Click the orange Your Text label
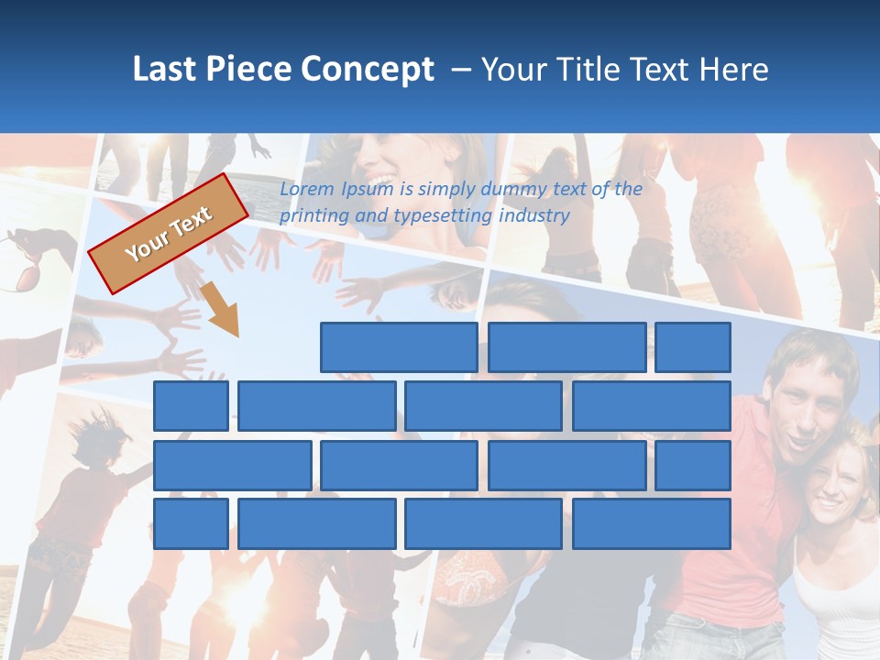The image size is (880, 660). coord(169,234)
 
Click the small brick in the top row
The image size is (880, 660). coord(693,347)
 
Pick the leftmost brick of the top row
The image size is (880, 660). coord(399,347)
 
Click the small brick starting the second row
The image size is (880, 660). coord(191,406)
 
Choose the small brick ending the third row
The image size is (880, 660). coord(693,466)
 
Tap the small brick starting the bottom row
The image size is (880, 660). coord(191,524)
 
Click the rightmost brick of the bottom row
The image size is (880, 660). coord(652,524)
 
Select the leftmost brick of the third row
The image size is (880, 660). coord(232,466)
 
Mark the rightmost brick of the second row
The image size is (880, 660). coord(652,406)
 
